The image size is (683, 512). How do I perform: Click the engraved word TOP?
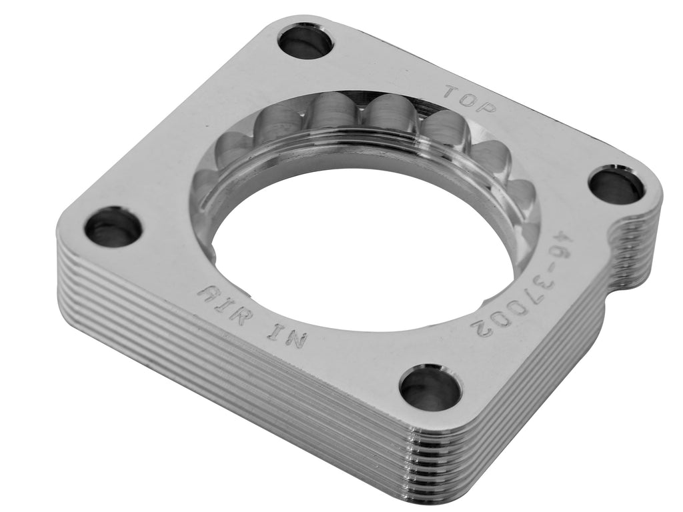coord(470,99)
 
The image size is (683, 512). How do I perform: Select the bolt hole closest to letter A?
coord(113,227)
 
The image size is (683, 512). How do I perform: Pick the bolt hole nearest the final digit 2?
coord(430,387)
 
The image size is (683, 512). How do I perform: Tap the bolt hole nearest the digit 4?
coord(616,185)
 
